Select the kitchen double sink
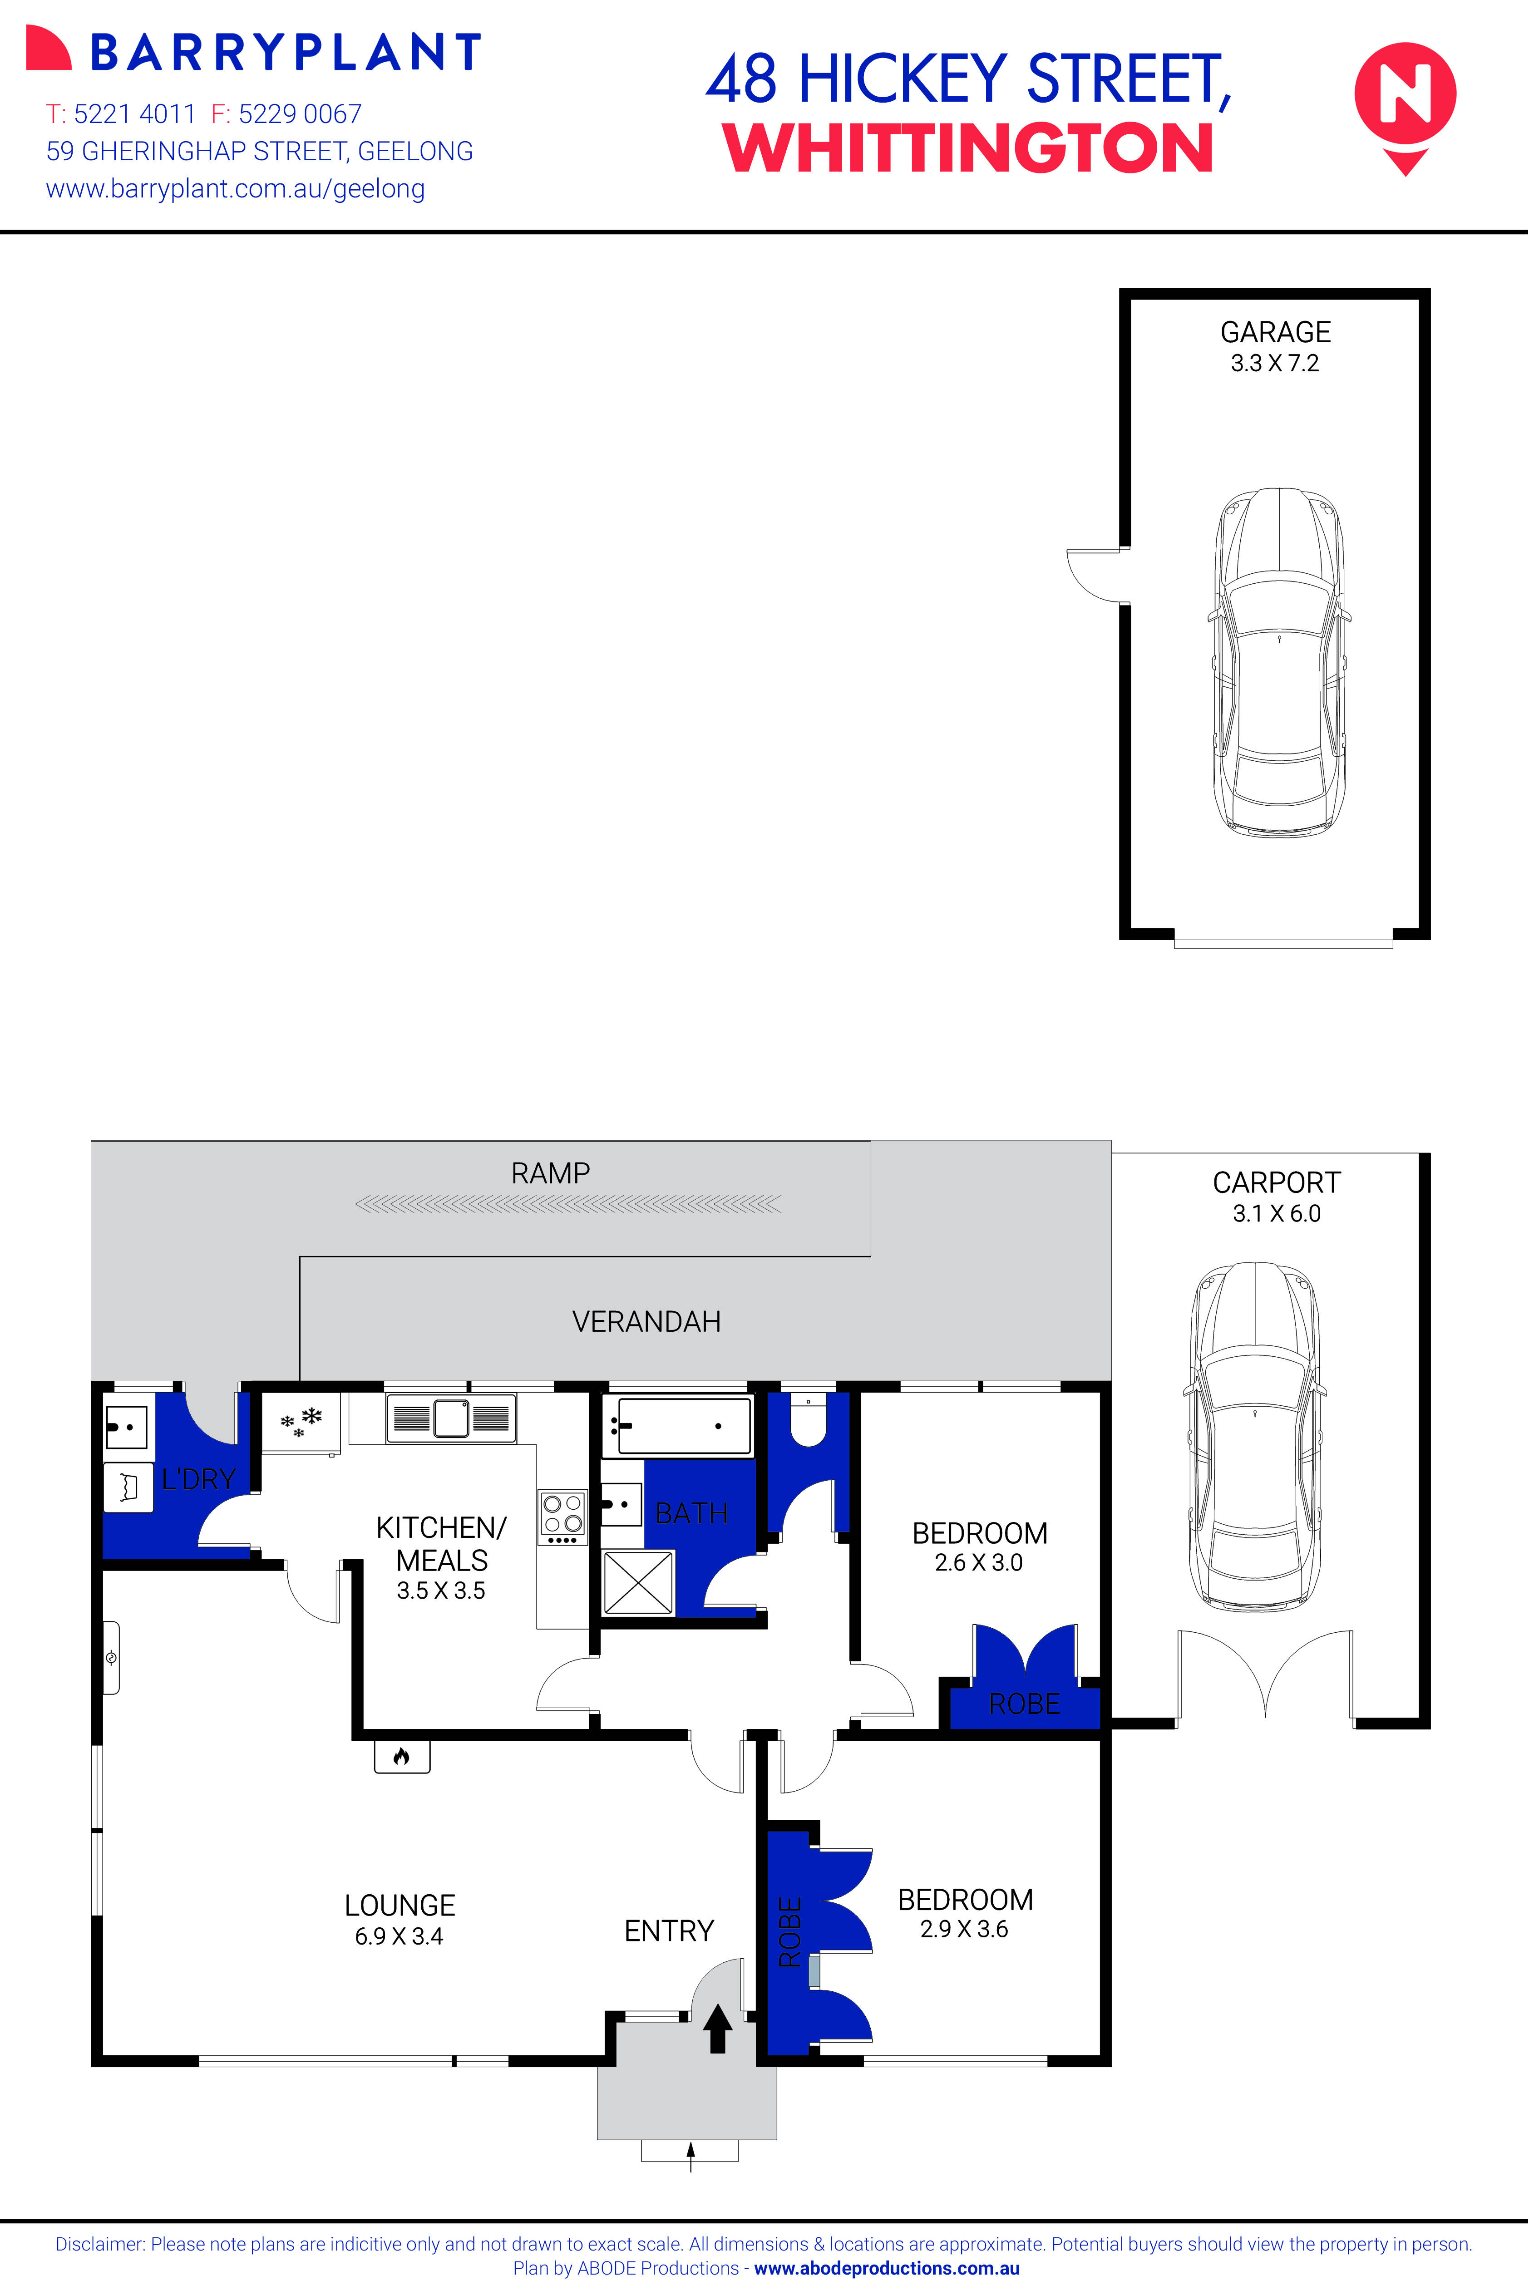pos(452,1418)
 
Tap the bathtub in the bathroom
pos(677,1426)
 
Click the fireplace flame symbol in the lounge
pos(401,1757)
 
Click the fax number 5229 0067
pos(299,114)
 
